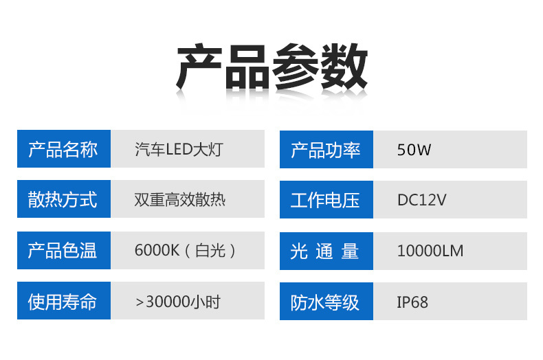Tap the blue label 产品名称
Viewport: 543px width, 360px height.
pos(63,149)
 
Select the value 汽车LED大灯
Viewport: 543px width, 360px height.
pos(179,149)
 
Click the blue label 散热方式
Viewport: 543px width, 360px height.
pos(63,200)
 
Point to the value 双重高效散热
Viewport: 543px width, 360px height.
pos(180,200)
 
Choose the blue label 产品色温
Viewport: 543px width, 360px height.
pos(63,251)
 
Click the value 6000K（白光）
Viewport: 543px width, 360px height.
pos(186,251)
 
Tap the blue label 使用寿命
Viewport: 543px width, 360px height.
pos(63,302)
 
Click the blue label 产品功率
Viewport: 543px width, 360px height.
pos(326,149)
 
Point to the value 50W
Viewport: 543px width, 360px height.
pos(414,149)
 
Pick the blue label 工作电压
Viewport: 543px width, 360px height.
pos(326,200)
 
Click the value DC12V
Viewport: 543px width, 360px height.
pos(421,200)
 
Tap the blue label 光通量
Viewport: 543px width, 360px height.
pos(326,251)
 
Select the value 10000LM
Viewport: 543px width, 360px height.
pos(430,251)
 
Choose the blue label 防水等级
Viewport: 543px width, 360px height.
pos(326,302)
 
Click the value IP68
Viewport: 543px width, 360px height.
pos(412,302)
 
